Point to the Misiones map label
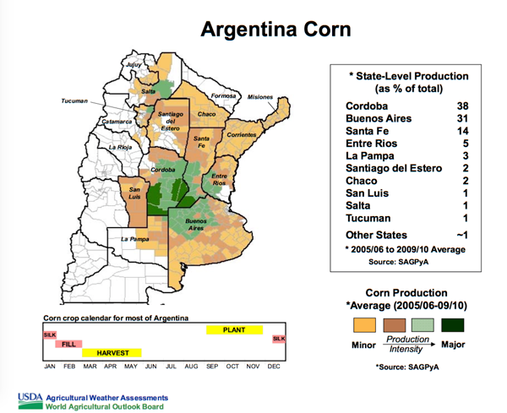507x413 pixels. pos(260,97)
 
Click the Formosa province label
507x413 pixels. pos(222,96)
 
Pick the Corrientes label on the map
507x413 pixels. pos(241,135)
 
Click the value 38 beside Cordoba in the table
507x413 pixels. pos(462,106)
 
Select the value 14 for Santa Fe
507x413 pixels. pos(462,131)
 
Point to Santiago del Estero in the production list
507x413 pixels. pos(394,168)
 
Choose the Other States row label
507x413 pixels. pos(376,235)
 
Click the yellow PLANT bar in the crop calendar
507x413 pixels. pos(234,330)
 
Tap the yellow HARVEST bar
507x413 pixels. pos(112,352)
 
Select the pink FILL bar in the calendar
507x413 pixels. pos(68,345)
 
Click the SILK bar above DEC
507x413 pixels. pos(279,339)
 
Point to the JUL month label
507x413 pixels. pos(172,367)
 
